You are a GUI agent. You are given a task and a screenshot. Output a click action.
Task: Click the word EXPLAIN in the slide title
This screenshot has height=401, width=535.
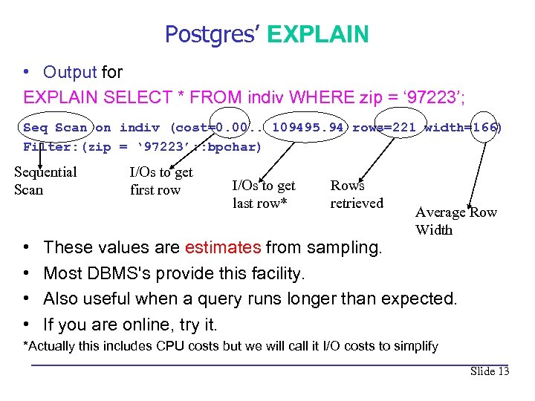pyautogui.click(x=317, y=34)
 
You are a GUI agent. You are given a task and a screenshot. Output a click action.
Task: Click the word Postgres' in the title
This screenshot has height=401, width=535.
pyautogui.click(x=213, y=34)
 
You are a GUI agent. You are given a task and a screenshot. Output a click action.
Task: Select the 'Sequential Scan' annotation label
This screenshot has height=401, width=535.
pyautogui.click(x=45, y=180)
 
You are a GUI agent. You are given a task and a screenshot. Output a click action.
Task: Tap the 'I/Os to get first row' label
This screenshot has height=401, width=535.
pyautogui.click(x=161, y=180)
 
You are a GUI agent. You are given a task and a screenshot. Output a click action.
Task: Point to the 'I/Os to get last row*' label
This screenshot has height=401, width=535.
pyautogui.click(x=263, y=194)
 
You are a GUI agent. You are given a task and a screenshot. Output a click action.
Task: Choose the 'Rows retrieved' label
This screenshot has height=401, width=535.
pyautogui.click(x=357, y=194)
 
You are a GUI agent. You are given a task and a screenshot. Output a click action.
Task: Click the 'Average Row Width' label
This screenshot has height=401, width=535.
pyautogui.click(x=455, y=221)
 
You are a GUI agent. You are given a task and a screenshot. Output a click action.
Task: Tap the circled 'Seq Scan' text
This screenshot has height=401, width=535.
pyautogui.click(x=56, y=127)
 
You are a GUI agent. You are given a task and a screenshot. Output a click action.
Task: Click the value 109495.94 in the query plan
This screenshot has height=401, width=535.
pyautogui.click(x=308, y=127)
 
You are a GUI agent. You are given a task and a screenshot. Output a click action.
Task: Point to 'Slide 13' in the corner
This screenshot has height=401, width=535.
pyautogui.click(x=489, y=371)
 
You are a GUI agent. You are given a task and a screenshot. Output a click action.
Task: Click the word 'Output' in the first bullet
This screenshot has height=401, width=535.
pyautogui.click(x=70, y=72)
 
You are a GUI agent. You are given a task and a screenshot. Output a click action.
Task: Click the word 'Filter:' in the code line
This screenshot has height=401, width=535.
pyautogui.click(x=51, y=146)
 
